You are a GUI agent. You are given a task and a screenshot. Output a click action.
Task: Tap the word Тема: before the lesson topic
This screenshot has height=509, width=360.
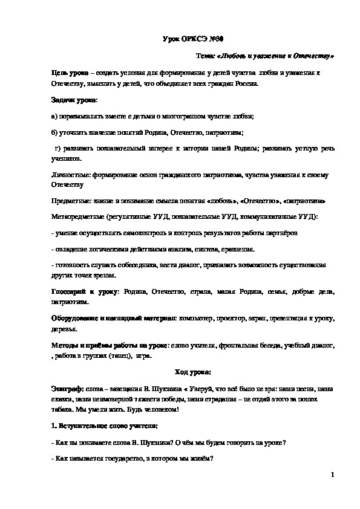click(x=206, y=56)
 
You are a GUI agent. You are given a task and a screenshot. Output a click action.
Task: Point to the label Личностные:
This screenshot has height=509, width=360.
click(x=72, y=174)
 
